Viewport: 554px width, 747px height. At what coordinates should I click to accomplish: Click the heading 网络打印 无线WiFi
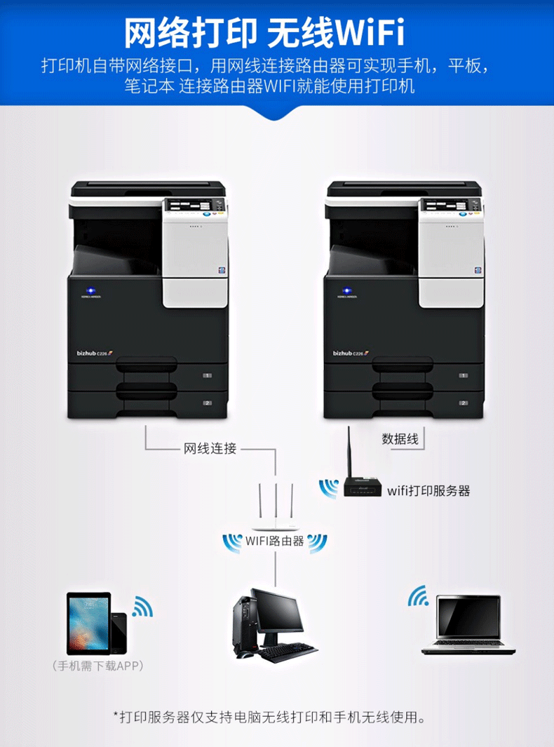[264, 32]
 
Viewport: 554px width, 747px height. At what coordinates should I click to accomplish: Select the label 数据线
[400, 440]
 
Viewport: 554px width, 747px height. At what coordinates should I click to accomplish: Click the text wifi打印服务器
[428, 490]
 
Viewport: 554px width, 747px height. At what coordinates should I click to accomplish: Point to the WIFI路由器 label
[275, 541]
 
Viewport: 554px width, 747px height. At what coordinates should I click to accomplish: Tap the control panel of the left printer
[195, 206]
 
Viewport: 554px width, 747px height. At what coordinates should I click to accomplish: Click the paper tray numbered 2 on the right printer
[428, 403]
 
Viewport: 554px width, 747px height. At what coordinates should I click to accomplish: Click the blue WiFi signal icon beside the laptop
[419, 596]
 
